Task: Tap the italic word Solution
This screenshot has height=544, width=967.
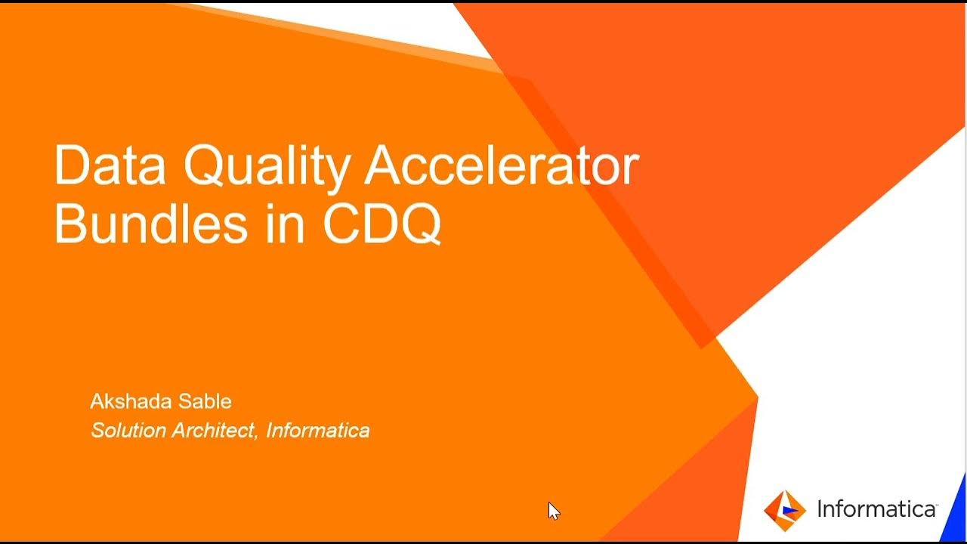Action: (128, 431)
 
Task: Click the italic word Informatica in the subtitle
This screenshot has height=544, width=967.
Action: (318, 431)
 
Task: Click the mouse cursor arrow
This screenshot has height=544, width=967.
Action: (553, 510)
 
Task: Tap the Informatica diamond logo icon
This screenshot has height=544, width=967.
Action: (784, 510)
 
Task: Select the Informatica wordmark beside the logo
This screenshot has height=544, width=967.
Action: (876, 510)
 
